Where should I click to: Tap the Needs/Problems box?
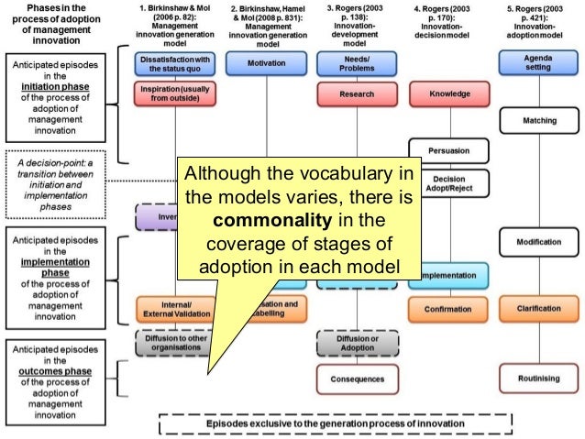(357, 62)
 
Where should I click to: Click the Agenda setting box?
(539, 62)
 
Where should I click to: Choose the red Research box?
(357, 93)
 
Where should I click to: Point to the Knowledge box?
(447, 93)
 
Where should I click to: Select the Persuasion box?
(447, 149)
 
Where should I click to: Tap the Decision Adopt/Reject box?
(449, 183)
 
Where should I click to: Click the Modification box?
(539, 242)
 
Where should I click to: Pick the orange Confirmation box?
(447, 309)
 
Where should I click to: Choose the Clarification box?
(539, 309)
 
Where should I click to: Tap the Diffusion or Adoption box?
(357, 343)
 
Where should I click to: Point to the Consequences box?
(357, 378)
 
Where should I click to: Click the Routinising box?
(539, 378)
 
